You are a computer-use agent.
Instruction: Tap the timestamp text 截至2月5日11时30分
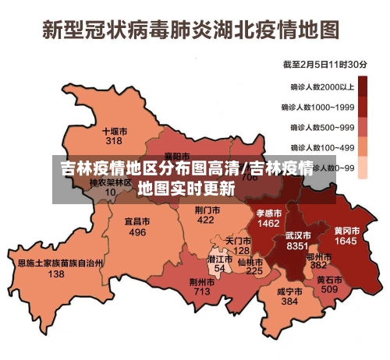tap(326, 64)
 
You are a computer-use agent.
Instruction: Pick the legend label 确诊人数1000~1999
tap(321, 107)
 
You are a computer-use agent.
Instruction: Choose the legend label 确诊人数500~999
tap(323, 127)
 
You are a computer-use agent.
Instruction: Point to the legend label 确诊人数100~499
tap(323, 147)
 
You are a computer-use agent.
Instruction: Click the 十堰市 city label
tap(115, 131)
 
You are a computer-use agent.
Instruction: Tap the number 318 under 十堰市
tap(114, 141)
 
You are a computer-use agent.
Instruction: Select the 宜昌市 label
tap(137, 221)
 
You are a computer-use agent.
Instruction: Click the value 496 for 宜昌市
tap(137, 232)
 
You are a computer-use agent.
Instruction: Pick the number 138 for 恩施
tap(56, 274)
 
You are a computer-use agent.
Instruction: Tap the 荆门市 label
tap(206, 210)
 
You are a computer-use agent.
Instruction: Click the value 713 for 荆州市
tap(202, 291)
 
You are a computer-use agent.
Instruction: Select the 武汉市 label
tap(297, 235)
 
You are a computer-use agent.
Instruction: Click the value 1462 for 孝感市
tap(268, 223)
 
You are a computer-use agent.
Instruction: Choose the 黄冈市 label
tap(346, 231)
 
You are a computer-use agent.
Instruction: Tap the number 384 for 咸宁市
tap(289, 301)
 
